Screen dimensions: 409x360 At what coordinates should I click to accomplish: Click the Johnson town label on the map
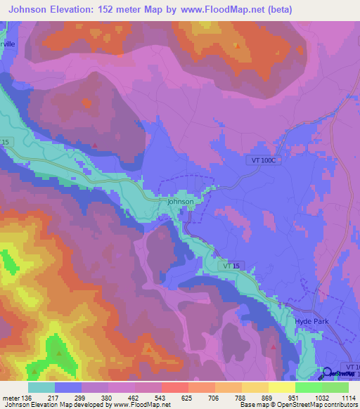pos(181,202)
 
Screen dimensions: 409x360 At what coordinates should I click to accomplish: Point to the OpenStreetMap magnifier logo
pos(326,373)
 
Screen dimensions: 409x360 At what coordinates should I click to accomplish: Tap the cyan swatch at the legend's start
pos(41,387)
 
